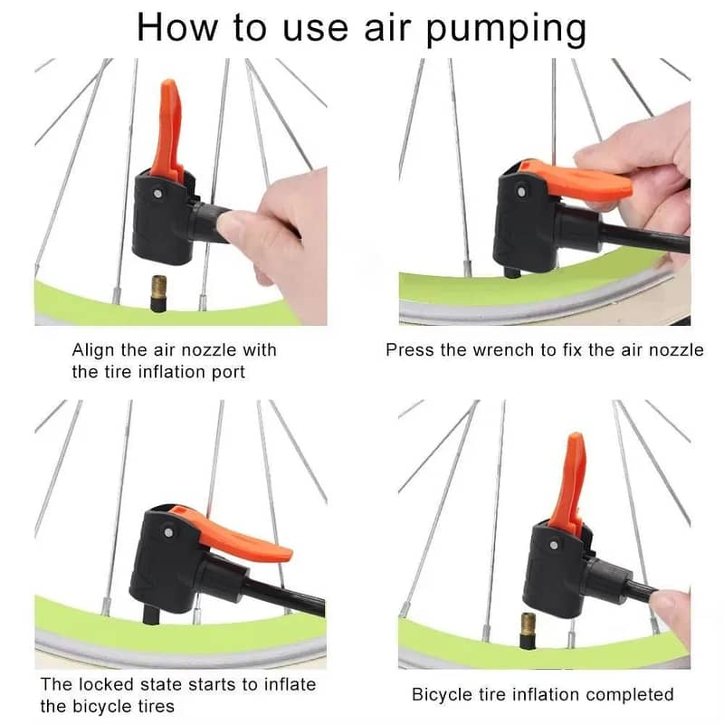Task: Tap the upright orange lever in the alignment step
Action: [167, 127]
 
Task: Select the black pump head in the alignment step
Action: [163, 217]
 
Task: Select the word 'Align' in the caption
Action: [94, 349]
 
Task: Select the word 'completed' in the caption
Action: [630, 694]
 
